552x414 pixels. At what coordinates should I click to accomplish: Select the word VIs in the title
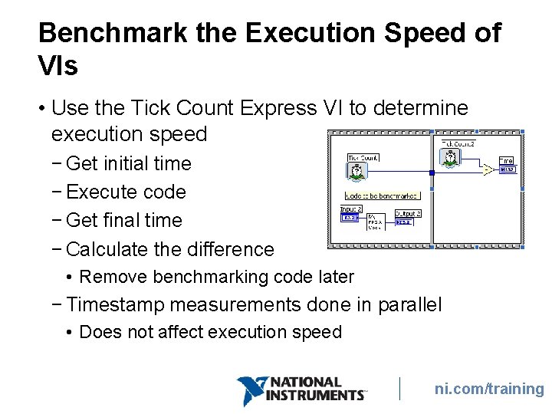pos(58,67)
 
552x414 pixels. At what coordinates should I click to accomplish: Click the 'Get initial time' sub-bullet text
pos(129,163)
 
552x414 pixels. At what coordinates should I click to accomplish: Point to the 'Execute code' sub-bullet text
pos(127,192)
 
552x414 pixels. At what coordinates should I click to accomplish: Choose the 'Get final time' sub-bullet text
pos(124,220)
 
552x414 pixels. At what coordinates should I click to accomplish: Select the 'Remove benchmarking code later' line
pos(216,277)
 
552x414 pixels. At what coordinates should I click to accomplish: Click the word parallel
pos(409,305)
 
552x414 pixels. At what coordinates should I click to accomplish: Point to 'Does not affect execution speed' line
pos(210,332)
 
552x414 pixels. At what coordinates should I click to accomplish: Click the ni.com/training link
pos(489,389)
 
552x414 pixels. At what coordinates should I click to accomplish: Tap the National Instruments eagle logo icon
pos(249,390)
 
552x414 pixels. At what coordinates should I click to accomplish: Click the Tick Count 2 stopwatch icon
pos(451,158)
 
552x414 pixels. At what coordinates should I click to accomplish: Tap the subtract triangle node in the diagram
pos(488,169)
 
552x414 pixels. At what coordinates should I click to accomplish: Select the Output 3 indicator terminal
pos(404,222)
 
